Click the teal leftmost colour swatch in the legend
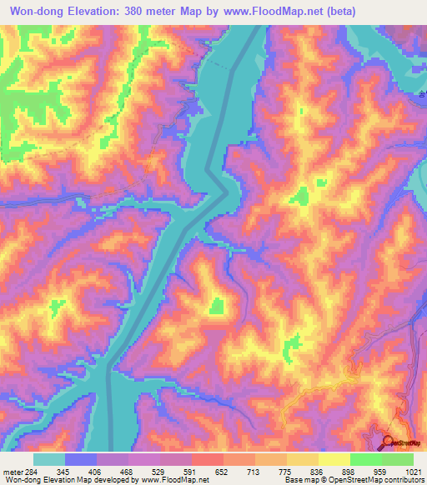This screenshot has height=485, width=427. pyautogui.click(x=49, y=459)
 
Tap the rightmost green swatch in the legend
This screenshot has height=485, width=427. pyautogui.click(x=398, y=459)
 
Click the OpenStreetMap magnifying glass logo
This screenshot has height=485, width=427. pyautogui.click(x=389, y=442)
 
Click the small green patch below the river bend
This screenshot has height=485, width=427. pyautogui.click(x=216, y=306)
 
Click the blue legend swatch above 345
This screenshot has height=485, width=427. pyautogui.click(x=81, y=459)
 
